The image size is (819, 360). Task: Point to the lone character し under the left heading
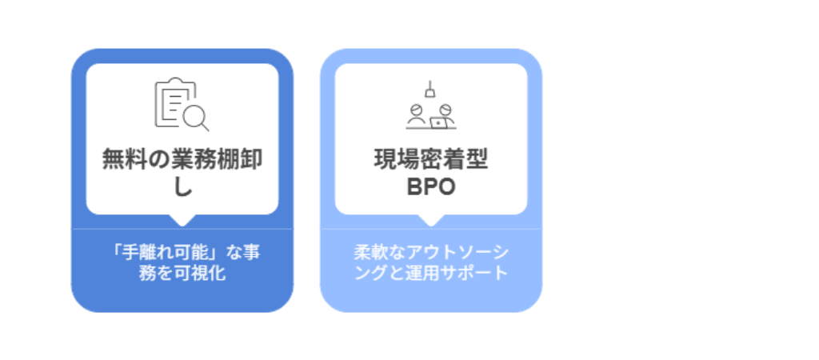tap(182, 188)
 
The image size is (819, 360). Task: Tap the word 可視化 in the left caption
tap(200, 274)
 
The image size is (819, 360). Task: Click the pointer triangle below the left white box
tap(182, 220)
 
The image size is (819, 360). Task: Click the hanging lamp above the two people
tap(430, 89)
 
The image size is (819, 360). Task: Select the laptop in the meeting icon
tap(438, 123)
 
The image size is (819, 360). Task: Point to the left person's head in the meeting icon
tap(416, 110)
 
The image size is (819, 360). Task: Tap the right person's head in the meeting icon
tap(445, 110)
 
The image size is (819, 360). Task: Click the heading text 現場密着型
tap(431, 159)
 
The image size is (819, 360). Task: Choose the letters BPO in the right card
tap(431, 188)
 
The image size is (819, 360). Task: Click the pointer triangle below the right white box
tap(431, 220)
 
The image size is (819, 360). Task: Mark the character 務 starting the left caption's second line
tap(148, 274)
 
